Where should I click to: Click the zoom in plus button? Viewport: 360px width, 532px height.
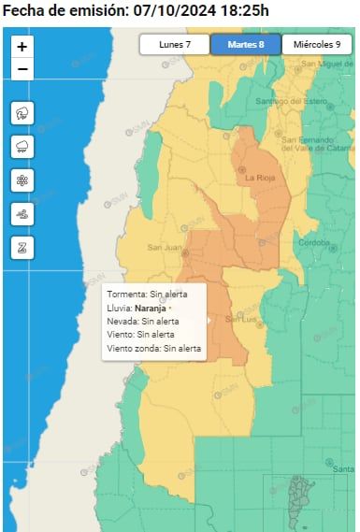[x=22, y=46]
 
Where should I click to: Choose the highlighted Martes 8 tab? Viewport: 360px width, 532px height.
[x=244, y=44]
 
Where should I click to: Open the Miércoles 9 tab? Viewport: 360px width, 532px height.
[x=316, y=44]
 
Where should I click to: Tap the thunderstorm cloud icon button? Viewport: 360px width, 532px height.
[x=22, y=113]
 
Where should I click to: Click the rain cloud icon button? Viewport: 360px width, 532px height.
[x=22, y=147]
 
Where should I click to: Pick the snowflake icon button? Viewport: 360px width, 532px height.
[x=22, y=180]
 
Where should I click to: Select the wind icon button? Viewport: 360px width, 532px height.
[x=22, y=214]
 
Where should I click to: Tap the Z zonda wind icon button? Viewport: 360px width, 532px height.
[x=22, y=248]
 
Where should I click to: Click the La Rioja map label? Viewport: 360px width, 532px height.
[x=259, y=177]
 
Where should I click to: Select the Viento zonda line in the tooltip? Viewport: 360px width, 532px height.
[x=154, y=348]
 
